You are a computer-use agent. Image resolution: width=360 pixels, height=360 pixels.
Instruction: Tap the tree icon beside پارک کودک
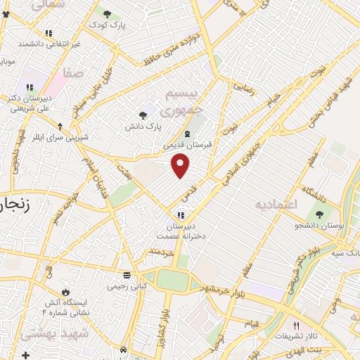[x=107, y=13]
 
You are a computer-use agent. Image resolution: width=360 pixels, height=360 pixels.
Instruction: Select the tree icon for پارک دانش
[x=143, y=115]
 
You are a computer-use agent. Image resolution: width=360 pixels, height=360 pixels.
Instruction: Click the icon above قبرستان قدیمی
[x=187, y=134]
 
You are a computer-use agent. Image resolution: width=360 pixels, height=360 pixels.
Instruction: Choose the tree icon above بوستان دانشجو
[x=321, y=214]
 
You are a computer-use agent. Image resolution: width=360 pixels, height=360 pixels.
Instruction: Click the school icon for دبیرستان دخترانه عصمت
[x=182, y=217]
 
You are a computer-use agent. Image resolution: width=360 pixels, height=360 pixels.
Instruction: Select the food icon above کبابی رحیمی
[x=127, y=275]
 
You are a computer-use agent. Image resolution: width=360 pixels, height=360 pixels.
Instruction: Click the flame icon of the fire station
[x=66, y=290]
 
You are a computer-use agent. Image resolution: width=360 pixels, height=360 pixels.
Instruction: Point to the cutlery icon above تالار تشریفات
[x=296, y=326]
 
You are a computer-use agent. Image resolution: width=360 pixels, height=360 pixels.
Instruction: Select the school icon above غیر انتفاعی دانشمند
[x=49, y=33]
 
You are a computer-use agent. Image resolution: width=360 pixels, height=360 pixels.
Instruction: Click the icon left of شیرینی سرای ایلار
[x=60, y=127]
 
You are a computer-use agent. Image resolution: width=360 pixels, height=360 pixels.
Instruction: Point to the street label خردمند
[x=160, y=250]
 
